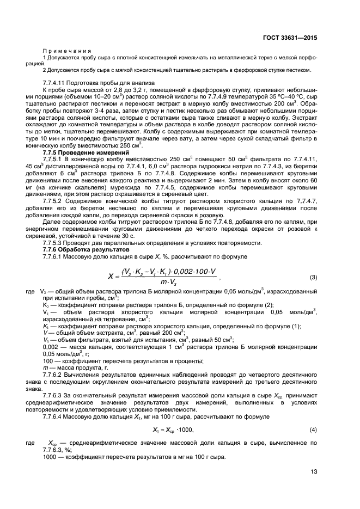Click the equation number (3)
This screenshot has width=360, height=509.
coord(314,278)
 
